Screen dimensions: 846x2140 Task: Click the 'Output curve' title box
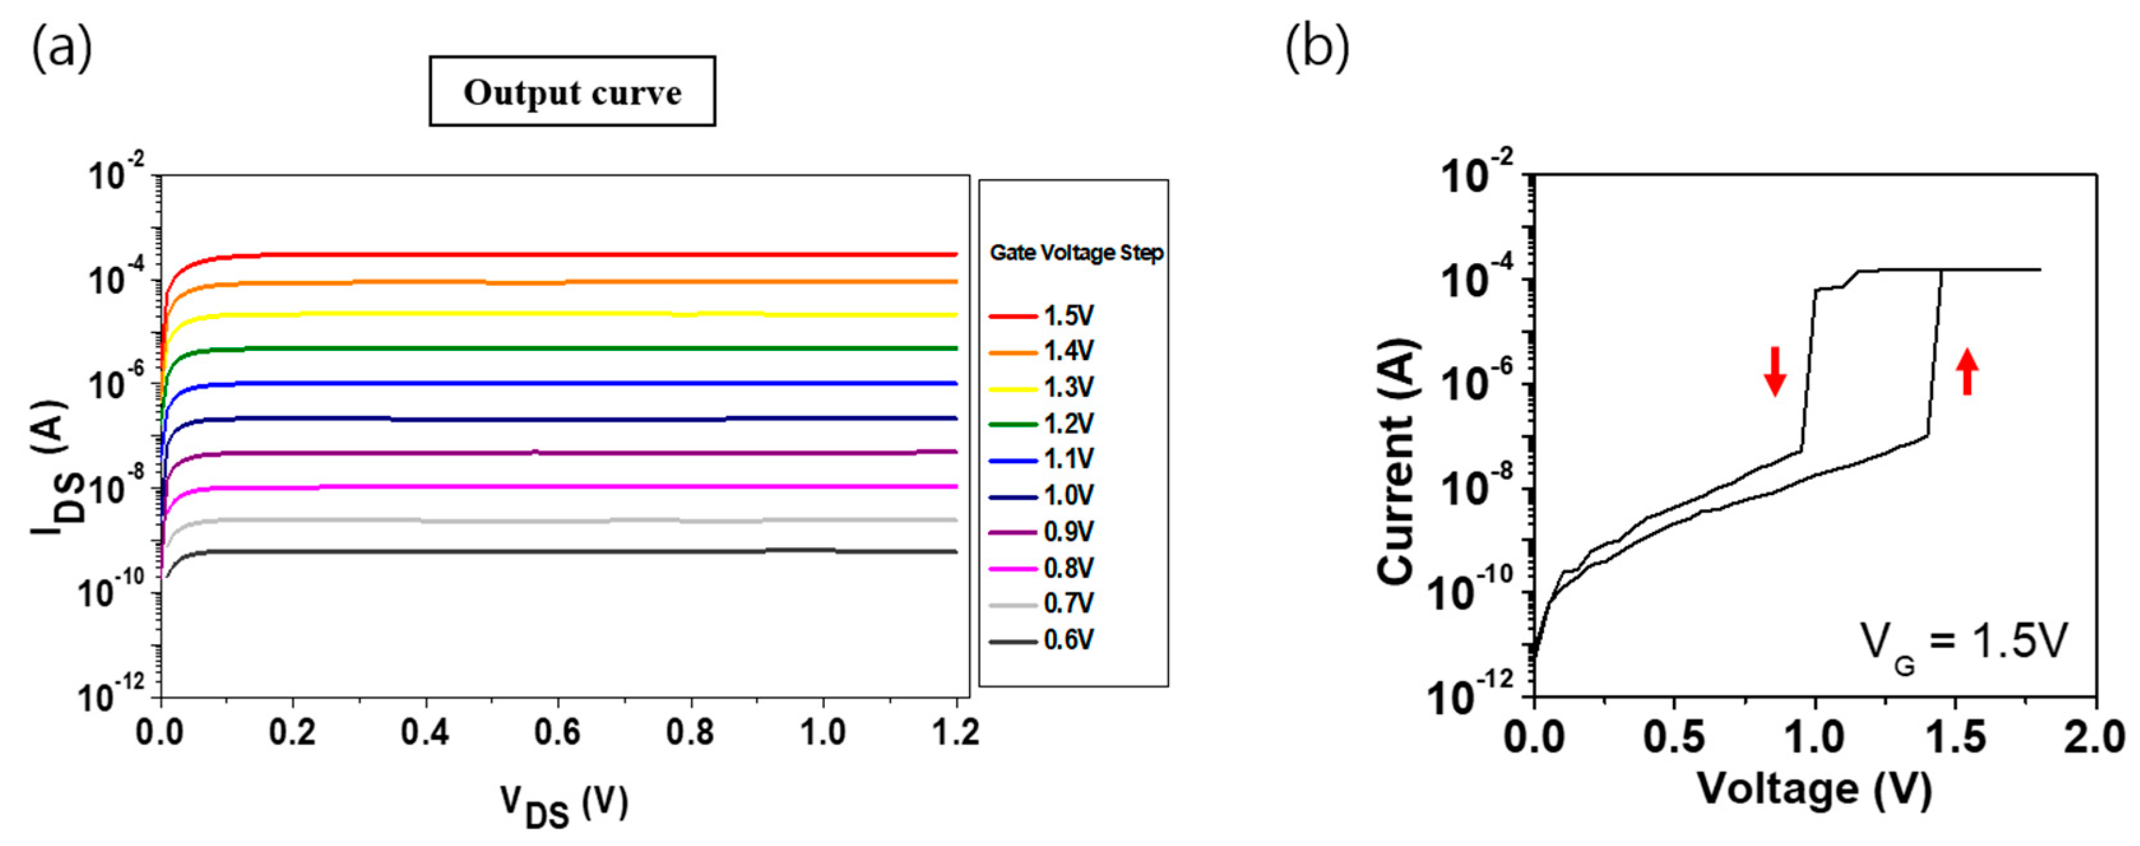click(x=572, y=91)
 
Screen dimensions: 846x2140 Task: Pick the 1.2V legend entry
click(x=1042, y=424)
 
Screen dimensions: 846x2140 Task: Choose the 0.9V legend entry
click(x=1042, y=531)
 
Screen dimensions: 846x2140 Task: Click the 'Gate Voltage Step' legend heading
click(x=1076, y=252)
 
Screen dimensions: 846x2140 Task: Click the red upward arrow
click(x=1967, y=371)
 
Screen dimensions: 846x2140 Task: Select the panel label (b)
click(x=1317, y=48)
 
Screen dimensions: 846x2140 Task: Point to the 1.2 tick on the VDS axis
click(x=956, y=733)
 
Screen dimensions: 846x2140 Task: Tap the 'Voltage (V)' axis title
click(x=1815, y=788)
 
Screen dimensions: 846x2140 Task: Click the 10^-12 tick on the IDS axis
click(x=112, y=696)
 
